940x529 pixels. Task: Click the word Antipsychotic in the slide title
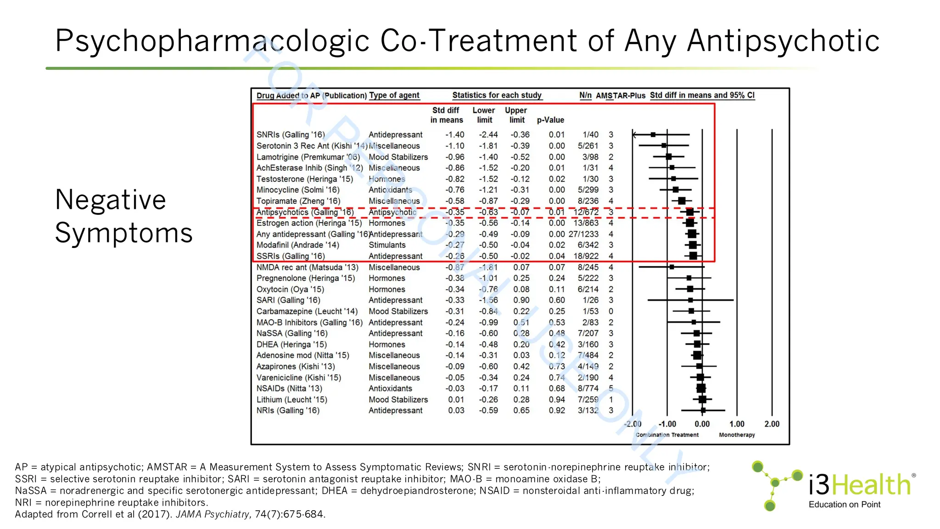click(783, 41)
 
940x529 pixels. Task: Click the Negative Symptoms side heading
click(123, 216)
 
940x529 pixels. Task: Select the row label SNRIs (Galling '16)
click(290, 135)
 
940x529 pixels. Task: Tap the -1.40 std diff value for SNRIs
click(454, 135)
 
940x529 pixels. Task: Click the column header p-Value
click(550, 120)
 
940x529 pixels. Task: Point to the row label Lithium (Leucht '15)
click(291, 400)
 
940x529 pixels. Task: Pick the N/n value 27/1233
click(583, 234)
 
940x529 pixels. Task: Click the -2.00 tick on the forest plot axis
click(633, 424)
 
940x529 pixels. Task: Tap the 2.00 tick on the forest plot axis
click(772, 424)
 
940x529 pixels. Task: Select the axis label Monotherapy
click(737, 435)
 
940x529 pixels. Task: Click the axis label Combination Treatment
click(667, 435)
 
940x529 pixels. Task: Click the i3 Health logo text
click(859, 485)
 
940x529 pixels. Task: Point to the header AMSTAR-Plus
click(621, 96)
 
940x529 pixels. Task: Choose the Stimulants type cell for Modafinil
click(387, 245)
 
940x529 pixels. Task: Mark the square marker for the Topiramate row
click(682, 201)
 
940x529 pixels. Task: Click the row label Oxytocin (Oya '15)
click(290, 289)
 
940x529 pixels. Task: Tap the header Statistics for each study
click(497, 95)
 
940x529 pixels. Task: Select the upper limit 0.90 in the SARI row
click(521, 300)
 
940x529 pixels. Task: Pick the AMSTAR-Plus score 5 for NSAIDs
click(611, 388)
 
